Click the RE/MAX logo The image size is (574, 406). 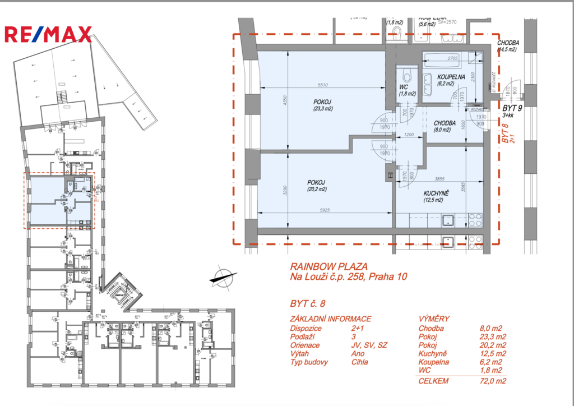(x=48, y=34)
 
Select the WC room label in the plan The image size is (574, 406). (x=403, y=87)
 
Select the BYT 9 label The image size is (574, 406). (x=513, y=108)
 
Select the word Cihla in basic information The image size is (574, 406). (x=360, y=362)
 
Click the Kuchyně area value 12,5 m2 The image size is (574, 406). (x=493, y=354)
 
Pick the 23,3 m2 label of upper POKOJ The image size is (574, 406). (x=322, y=109)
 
